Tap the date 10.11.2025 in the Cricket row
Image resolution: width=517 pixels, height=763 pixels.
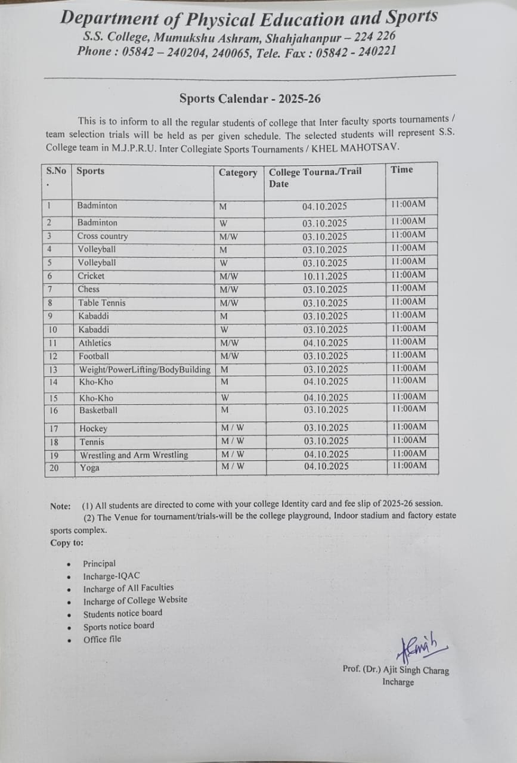point(324,277)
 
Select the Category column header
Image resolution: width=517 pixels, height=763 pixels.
point(238,173)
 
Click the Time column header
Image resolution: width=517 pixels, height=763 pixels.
point(402,170)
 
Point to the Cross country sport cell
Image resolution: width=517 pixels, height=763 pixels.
point(103,236)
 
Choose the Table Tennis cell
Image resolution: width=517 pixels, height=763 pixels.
point(102,303)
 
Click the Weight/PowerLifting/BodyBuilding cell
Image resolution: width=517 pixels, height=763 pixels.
point(145,370)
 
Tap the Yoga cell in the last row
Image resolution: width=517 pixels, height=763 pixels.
point(89,468)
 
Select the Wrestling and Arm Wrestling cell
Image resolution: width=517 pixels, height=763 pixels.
point(134,455)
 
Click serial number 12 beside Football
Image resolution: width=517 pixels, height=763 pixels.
point(53,356)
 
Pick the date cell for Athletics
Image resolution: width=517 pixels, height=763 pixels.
point(326,343)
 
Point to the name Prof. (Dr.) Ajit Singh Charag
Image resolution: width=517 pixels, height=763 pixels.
point(396,670)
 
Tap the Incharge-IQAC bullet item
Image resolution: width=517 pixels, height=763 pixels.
point(112,576)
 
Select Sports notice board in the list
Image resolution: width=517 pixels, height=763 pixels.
point(119,626)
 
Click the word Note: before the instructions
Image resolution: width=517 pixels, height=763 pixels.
point(60,506)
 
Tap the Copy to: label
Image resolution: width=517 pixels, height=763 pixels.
point(67,543)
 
